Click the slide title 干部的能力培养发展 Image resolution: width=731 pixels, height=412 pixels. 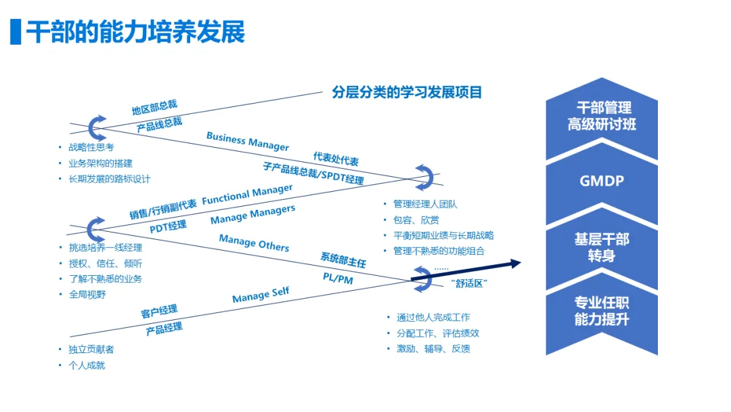(135, 32)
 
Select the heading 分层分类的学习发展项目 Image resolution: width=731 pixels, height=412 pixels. (407, 92)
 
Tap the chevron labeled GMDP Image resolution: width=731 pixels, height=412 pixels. (601, 182)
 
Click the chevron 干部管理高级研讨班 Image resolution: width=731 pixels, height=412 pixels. (601, 117)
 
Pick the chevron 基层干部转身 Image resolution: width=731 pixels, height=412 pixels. (601, 247)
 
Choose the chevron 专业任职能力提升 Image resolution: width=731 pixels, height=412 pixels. (601, 312)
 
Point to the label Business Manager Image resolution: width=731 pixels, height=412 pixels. (248, 142)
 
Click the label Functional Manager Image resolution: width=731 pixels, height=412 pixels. (247, 194)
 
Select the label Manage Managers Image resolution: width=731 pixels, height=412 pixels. (252, 215)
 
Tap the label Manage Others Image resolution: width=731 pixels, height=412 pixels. (254, 243)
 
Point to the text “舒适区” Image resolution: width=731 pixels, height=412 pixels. (469, 284)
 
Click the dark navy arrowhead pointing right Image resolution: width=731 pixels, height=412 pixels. (515, 263)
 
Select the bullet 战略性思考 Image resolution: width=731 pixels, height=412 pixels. (91, 147)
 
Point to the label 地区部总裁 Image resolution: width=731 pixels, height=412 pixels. (154, 108)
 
